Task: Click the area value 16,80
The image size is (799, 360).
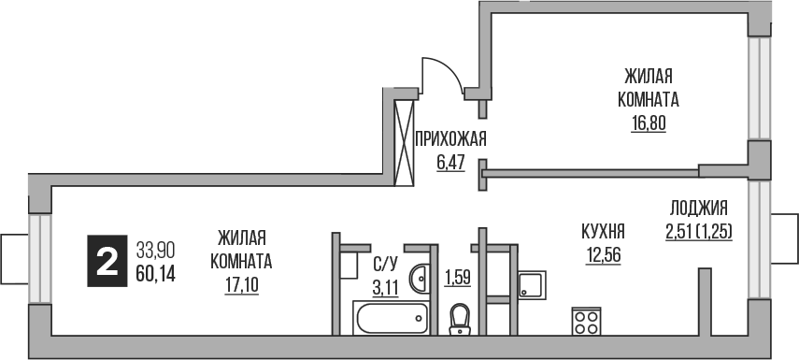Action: pyautogui.click(x=648, y=122)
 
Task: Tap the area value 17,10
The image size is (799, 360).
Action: pyautogui.click(x=241, y=281)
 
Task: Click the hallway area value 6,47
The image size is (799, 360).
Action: pyautogui.click(x=451, y=162)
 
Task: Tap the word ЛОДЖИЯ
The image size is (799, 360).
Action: pyautogui.click(x=698, y=209)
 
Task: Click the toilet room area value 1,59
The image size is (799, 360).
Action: pyautogui.click(x=457, y=277)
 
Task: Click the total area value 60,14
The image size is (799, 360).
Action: pyautogui.click(x=156, y=273)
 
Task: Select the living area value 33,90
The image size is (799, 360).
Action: pyautogui.click(x=156, y=251)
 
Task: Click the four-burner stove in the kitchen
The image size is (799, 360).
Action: pyautogui.click(x=587, y=322)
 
